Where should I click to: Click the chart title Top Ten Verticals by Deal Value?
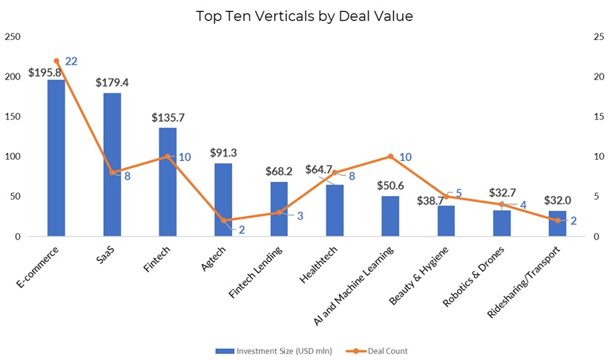(x=304, y=16)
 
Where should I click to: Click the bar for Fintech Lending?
(x=279, y=209)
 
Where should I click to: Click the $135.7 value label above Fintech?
(x=168, y=117)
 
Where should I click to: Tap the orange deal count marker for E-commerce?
(x=56, y=61)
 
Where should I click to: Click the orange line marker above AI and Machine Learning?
(x=390, y=157)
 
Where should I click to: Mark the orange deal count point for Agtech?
(x=223, y=220)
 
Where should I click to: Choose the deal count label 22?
(x=71, y=61)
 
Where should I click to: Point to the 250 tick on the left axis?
(x=13, y=36)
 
